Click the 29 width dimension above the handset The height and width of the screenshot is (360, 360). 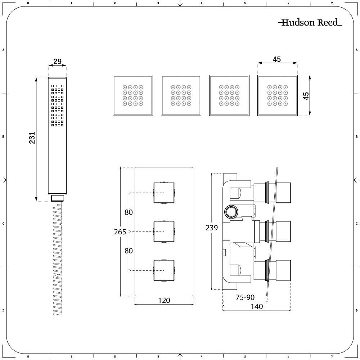57,62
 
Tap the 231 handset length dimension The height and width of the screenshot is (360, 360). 32,138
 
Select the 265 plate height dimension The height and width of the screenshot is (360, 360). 120,232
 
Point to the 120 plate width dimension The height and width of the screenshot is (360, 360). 164,300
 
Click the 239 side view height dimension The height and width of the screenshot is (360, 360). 211,228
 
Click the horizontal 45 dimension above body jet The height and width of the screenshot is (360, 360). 276,59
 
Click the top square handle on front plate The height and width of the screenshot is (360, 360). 164,193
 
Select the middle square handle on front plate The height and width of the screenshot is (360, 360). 164,231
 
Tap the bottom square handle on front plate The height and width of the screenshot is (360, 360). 164,270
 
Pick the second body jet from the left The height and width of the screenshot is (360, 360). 181,95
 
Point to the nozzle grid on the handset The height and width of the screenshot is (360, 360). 57,105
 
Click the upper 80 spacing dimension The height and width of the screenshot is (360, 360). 129,212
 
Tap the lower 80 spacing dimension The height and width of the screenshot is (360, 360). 129,251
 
